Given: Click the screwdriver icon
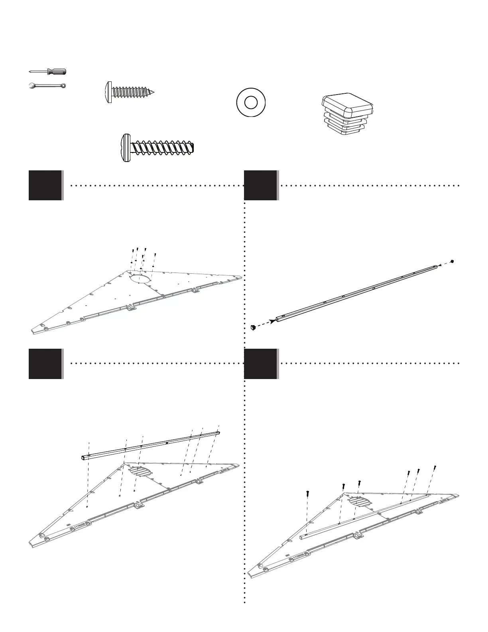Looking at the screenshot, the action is pos(47,71).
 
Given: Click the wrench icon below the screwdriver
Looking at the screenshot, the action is pos(47,85).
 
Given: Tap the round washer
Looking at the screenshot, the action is pos(251,103).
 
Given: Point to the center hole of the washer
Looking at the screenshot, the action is pos(251,103).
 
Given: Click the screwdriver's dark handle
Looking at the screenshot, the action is pos(56,71).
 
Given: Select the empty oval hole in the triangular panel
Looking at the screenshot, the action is pos(141,278).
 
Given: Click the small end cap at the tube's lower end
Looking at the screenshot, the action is pos(252,328).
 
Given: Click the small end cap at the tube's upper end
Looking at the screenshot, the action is pos(452,261).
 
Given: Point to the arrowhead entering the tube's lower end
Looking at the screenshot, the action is pos(272,321).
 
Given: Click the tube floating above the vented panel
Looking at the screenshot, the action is pos(150,445).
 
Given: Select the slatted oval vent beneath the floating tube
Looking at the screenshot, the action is pos(140,471).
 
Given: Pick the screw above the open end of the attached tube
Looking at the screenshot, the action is pos(308,493).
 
